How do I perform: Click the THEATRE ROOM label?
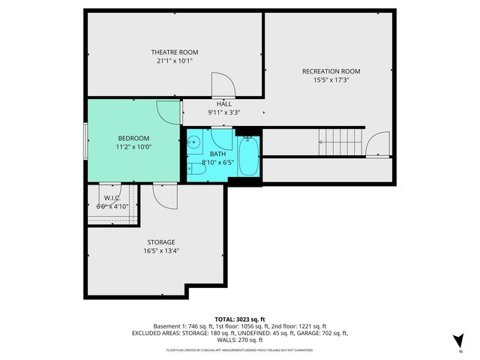(x=175, y=52)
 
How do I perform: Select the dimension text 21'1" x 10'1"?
(x=175, y=61)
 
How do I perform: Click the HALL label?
(x=223, y=103)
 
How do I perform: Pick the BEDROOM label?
(x=133, y=138)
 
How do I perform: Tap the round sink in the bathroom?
(x=193, y=141)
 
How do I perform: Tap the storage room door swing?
(x=163, y=197)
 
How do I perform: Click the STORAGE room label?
(x=160, y=242)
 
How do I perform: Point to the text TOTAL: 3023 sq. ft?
(x=239, y=319)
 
